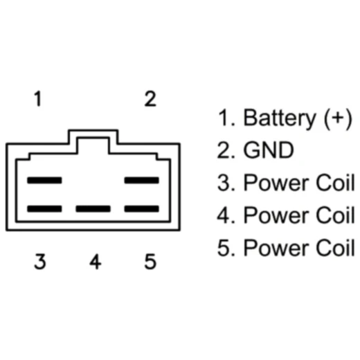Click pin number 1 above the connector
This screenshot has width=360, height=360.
[39, 99]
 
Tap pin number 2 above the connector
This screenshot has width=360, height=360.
[150, 99]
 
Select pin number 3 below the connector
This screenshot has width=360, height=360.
[39, 262]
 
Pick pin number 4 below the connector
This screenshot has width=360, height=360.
[95, 262]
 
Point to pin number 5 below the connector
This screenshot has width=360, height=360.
[150, 262]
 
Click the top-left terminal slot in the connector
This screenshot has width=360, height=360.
[44, 180]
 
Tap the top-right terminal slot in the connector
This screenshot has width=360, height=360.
[142, 180]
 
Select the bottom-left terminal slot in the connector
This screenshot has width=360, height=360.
[44, 208]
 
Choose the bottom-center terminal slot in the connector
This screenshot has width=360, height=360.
[93, 208]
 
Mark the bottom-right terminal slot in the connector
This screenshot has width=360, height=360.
[142, 208]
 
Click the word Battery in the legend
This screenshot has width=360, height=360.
[278, 118]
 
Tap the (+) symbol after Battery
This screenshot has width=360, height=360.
[334, 118]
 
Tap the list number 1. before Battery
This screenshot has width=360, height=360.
[226, 118]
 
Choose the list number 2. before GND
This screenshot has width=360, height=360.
[226, 150]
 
